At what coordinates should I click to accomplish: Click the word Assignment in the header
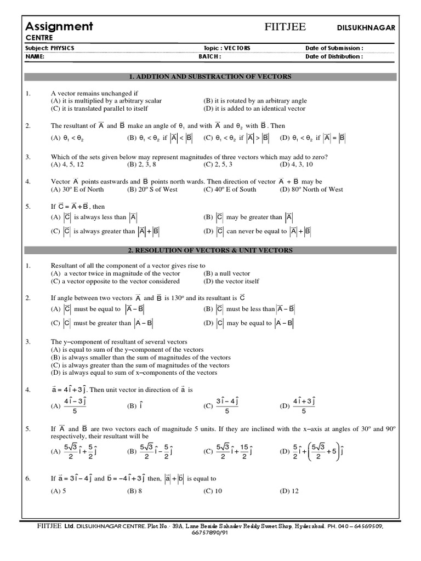pos(60,26)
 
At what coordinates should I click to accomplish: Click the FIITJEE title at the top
pos(286,28)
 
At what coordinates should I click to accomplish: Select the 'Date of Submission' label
pos(334,48)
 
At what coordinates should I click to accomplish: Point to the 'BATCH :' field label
pos(209,56)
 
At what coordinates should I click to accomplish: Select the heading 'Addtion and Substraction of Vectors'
pos(210,77)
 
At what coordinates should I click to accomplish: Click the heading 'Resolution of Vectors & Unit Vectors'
pos(210,250)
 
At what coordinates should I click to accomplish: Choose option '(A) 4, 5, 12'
pos(68,164)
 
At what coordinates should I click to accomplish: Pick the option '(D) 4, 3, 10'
pos(296,164)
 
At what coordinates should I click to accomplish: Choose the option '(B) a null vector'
pos(226,273)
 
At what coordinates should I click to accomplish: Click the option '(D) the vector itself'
pos(231,281)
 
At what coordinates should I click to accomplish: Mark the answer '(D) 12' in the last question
pos(289,491)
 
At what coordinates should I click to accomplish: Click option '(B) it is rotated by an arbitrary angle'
pos(255,101)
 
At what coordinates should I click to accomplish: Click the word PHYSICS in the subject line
pos(61,48)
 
